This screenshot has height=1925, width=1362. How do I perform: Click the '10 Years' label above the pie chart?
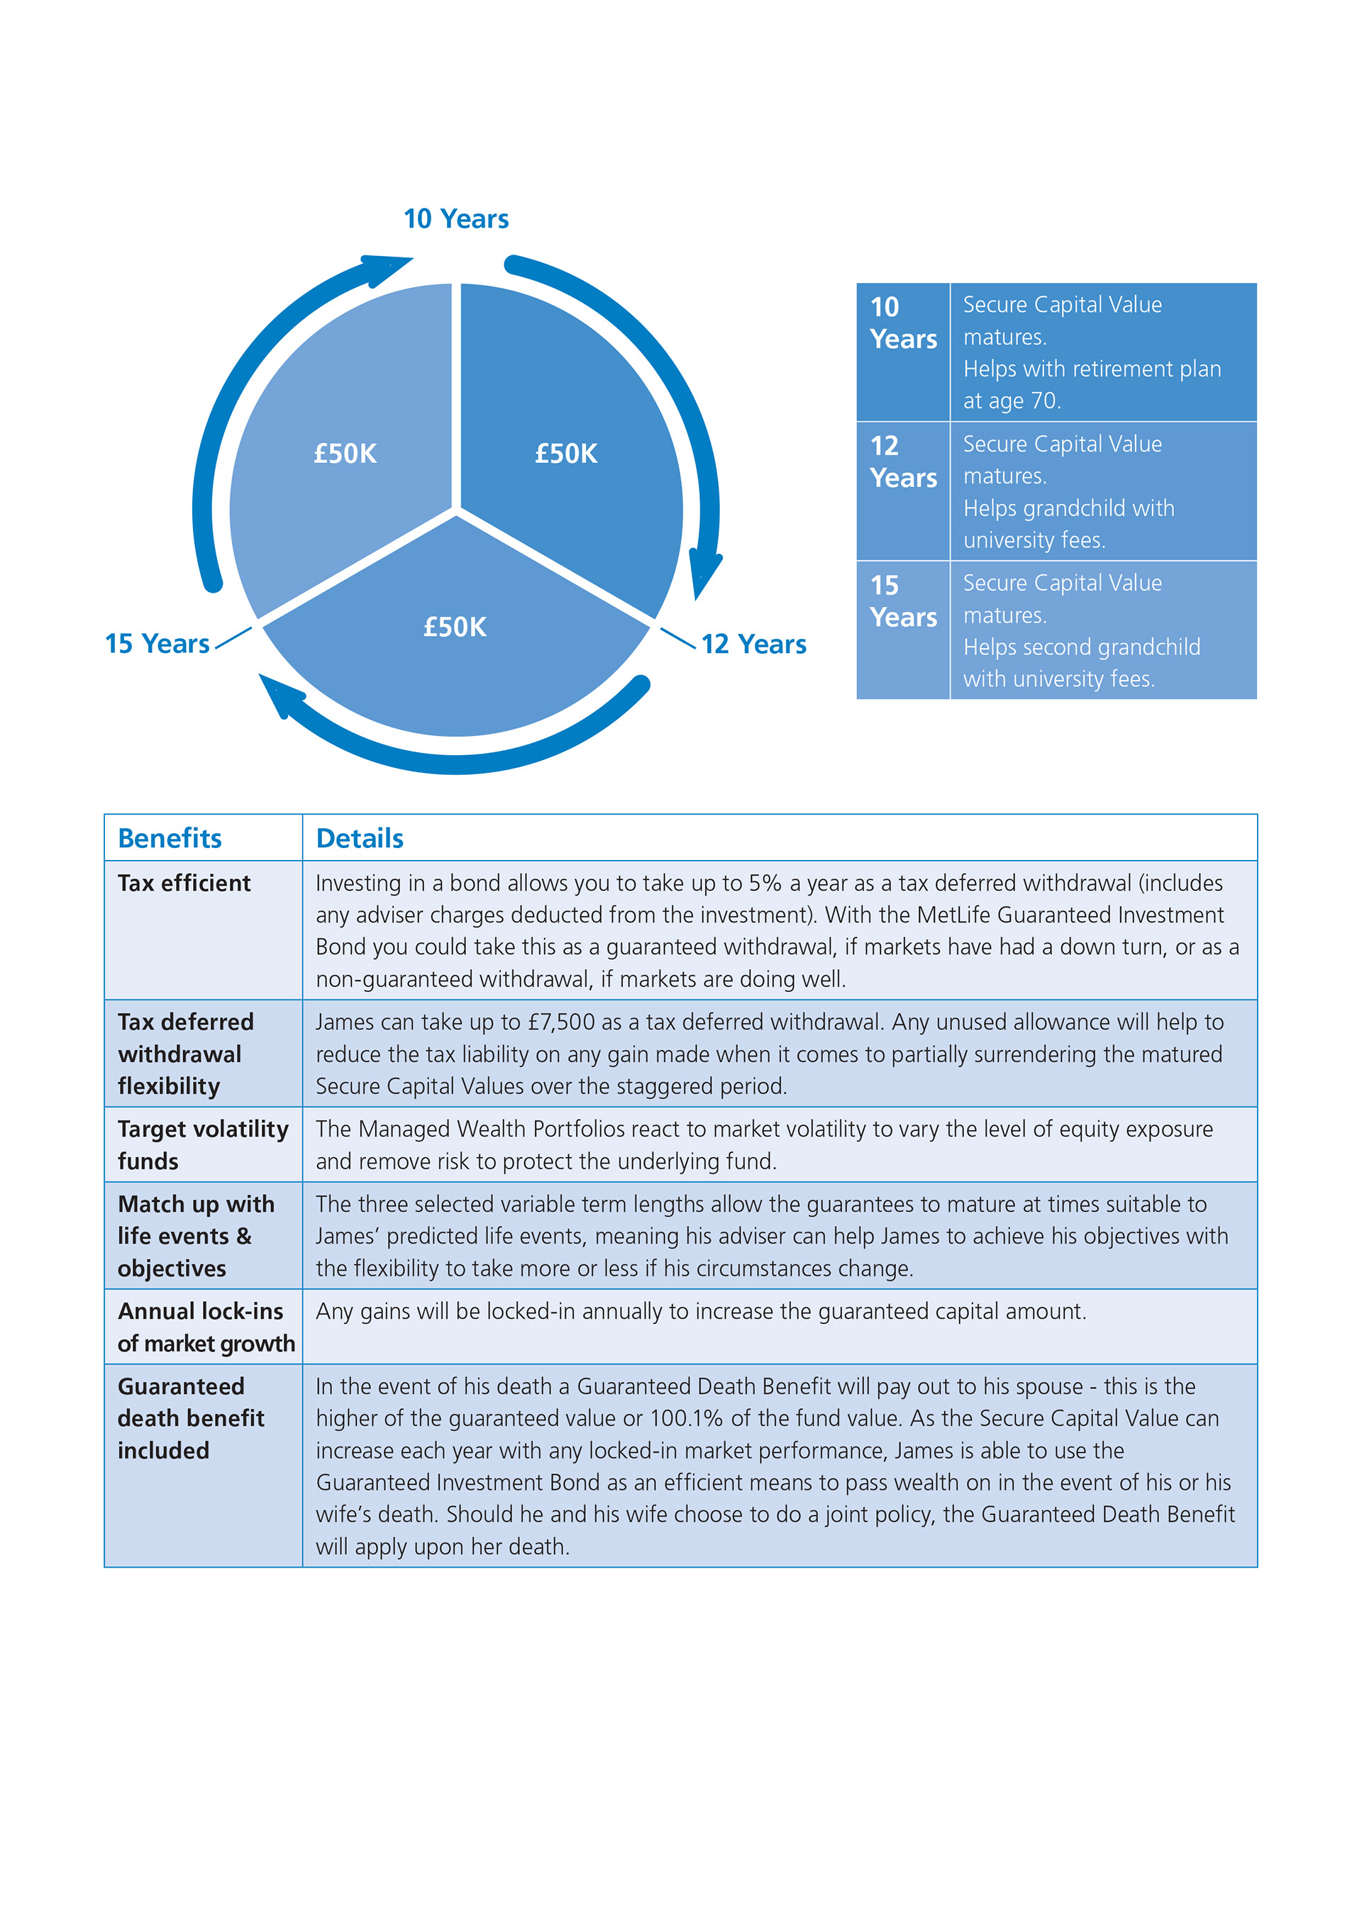(455, 219)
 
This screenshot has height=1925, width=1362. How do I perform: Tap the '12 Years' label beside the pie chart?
(753, 644)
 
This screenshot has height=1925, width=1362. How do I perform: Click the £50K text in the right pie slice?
(566, 454)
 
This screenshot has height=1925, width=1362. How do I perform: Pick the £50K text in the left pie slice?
(345, 454)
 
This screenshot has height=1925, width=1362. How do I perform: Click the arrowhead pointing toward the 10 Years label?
(387, 267)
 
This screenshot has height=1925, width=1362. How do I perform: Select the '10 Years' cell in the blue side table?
(902, 323)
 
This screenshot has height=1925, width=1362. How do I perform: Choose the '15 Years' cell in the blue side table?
(902, 601)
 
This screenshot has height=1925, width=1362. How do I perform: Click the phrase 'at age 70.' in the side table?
(1012, 401)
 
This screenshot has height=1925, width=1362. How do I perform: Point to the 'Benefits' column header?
(170, 837)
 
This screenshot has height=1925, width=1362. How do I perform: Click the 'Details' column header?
(359, 837)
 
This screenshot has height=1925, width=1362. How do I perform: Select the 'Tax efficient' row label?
(184, 883)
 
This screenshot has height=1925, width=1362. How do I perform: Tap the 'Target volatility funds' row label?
(202, 1144)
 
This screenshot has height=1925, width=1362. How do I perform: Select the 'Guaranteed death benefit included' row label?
(190, 1418)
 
